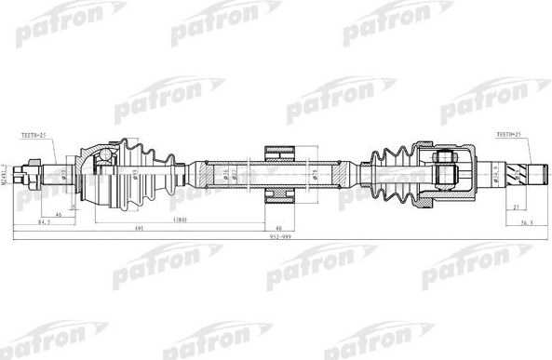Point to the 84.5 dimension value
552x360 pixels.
tap(43, 223)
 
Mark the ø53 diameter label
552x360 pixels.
tap(62, 174)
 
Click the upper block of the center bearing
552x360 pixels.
tap(279, 153)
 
